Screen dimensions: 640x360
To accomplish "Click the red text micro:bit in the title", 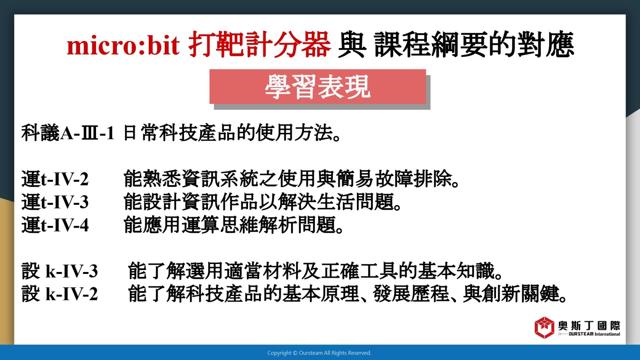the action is [x=123, y=46].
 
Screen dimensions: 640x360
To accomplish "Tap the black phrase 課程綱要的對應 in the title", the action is [x=474, y=44].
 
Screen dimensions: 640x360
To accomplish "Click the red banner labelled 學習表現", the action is [x=318, y=86].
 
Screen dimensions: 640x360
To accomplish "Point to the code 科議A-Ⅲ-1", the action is [x=68, y=133].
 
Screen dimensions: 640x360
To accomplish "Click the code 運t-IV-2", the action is [x=55, y=179].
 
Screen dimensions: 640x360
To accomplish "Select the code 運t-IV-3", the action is [x=55, y=202].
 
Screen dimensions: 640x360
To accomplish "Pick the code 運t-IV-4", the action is [x=55, y=225].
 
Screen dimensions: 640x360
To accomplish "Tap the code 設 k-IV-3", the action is [x=60, y=270].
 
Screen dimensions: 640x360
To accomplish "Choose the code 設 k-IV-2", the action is [x=60, y=294].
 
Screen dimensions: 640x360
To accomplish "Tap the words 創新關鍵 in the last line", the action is [x=520, y=294].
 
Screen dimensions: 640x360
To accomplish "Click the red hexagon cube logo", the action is [x=544, y=328].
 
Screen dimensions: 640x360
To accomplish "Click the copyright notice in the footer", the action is [x=319, y=353].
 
